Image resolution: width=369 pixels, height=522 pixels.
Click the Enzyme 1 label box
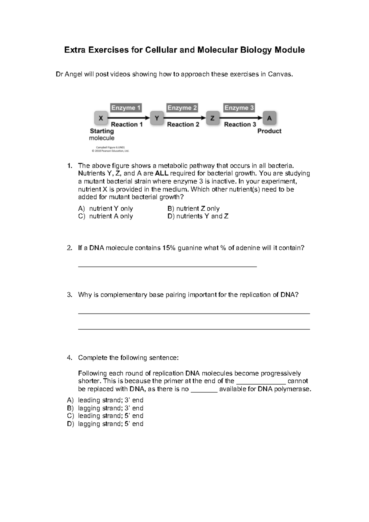click(x=126, y=108)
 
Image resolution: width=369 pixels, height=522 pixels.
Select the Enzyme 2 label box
click(x=182, y=108)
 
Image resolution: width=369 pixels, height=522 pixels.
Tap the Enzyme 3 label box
click(x=239, y=108)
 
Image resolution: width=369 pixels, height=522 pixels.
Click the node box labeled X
click(x=101, y=118)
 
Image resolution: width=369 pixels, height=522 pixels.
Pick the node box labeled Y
click(x=157, y=118)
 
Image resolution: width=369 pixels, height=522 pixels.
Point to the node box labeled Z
click(x=212, y=118)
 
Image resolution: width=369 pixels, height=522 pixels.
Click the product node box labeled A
click(x=269, y=118)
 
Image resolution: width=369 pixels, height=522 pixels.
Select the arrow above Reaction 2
click(x=184, y=118)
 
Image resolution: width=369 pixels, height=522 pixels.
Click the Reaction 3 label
click(x=240, y=125)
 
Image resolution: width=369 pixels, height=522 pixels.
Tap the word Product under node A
click(x=269, y=131)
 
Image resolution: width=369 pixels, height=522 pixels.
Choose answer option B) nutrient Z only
click(x=193, y=209)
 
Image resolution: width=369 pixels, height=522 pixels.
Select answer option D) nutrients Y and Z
click(x=198, y=216)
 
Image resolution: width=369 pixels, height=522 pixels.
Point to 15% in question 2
click(x=169, y=248)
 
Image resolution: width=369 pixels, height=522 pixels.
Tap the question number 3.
click(x=69, y=295)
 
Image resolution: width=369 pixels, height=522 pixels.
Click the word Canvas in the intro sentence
click(x=279, y=74)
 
